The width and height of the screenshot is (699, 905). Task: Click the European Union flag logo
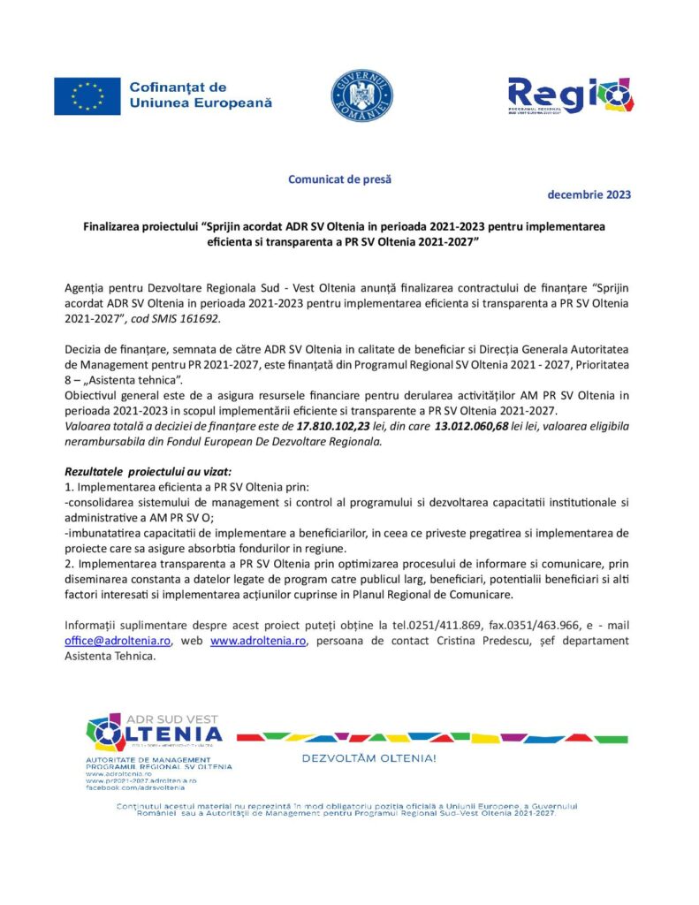coord(87,96)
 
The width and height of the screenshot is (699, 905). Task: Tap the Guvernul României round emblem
coord(361,95)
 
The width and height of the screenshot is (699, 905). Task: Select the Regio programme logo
coord(570,95)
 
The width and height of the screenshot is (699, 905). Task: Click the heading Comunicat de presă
coord(339,179)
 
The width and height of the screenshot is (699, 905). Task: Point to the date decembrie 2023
coord(589,194)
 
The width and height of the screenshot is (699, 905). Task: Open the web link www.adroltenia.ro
coord(258,641)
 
